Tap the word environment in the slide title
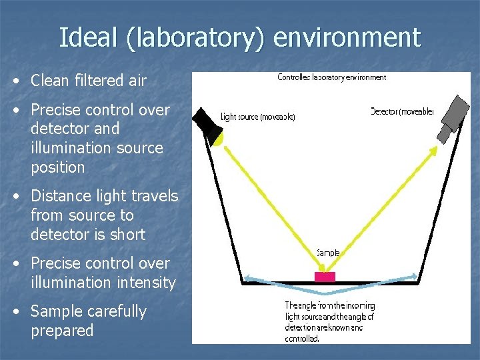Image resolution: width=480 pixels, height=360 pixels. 347,37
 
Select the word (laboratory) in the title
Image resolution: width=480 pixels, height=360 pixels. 197,39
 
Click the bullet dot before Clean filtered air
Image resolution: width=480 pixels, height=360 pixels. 15,81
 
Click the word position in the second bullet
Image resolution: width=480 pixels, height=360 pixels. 58,167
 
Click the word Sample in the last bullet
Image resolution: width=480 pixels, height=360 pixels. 59,311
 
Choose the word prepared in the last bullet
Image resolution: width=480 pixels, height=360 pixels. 62,331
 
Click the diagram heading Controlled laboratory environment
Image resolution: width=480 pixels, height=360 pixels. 331,77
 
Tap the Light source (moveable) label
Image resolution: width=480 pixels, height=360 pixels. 257,117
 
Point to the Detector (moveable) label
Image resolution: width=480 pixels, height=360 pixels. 402,111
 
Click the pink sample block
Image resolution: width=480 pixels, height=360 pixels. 325,276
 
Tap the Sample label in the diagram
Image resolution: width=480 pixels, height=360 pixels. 328,253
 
